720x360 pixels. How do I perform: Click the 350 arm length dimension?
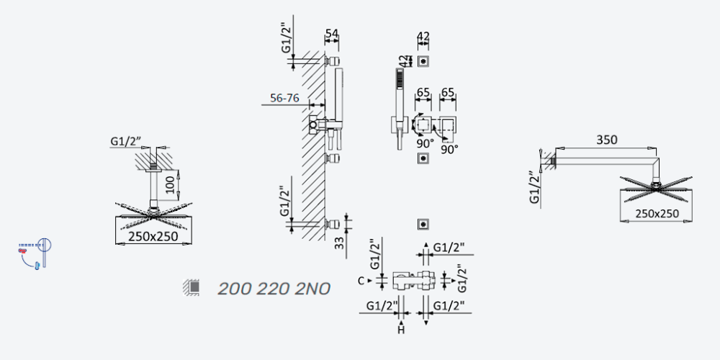click(x=606, y=140)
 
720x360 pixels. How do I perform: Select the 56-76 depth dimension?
click(x=284, y=98)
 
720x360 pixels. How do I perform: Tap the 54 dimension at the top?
click(x=331, y=33)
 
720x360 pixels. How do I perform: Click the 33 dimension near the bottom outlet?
click(x=339, y=243)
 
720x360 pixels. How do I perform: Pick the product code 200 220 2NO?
click(x=274, y=289)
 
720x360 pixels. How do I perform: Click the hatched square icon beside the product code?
click(x=192, y=287)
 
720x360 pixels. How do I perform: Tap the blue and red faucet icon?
click(x=35, y=253)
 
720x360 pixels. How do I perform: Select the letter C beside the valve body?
click(x=361, y=281)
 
